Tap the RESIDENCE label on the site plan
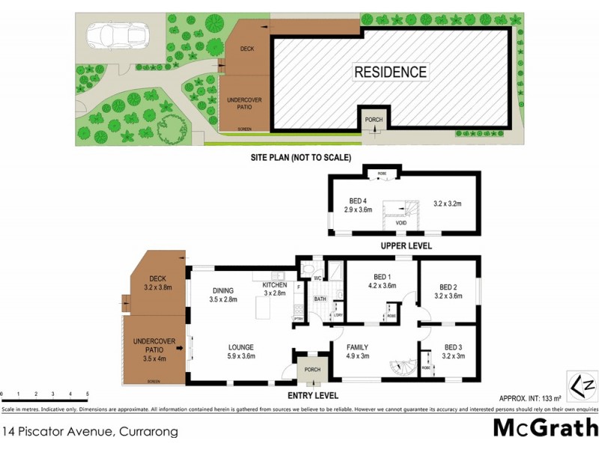point(390,73)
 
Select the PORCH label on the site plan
point(372,120)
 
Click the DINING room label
point(223,290)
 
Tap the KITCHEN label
point(274,286)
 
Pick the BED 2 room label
point(449,287)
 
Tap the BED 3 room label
point(454,346)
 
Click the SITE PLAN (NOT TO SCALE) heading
point(301,157)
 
